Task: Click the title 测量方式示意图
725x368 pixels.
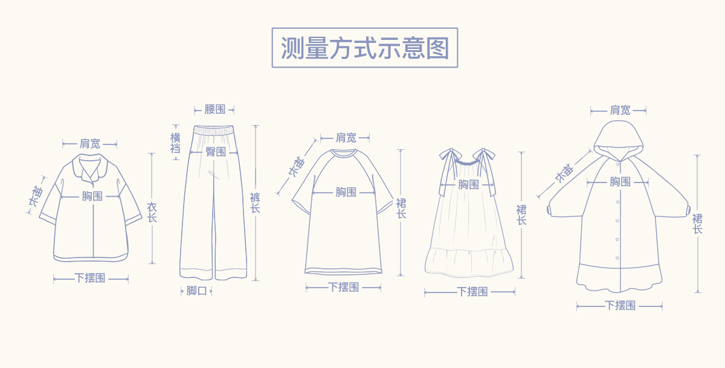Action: coord(365,48)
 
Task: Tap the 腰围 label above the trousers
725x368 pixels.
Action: coord(214,109)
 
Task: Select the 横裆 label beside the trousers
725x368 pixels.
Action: coord(175,143)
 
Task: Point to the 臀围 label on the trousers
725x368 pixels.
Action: coord(215,152)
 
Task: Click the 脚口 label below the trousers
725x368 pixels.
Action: coord(196,291)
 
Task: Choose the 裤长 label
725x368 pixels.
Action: coord(255,202)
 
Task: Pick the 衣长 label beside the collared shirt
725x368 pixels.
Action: coord(152,212)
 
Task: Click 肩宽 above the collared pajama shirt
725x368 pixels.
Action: coord(90,144)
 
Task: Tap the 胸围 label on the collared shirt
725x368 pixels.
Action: coord(92,196)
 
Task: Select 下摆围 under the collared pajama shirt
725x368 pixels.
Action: coord(90,278)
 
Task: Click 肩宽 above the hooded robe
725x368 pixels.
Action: coord(620,110)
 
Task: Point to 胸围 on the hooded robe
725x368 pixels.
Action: coord(620,181)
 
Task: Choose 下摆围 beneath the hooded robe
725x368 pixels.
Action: coord(620,306)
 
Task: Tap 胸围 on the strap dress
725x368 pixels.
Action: coord(468,184)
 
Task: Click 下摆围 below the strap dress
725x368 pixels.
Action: coord(472,292)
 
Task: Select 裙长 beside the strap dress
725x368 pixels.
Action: coord(521,215)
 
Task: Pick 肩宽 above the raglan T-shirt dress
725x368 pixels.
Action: coord(346,138)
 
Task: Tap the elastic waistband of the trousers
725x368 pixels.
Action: coord(214,130)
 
